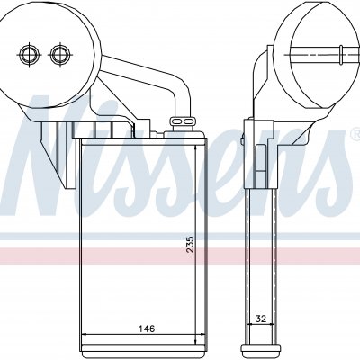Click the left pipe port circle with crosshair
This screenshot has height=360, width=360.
[x=29, y=55]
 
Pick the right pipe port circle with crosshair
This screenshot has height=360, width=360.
[x=60, y=55]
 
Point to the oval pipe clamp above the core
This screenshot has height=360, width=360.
[x=182, y=121]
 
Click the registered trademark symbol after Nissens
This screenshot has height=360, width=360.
[x=356, y=133]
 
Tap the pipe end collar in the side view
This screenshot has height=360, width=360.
[x=341, y=55]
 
